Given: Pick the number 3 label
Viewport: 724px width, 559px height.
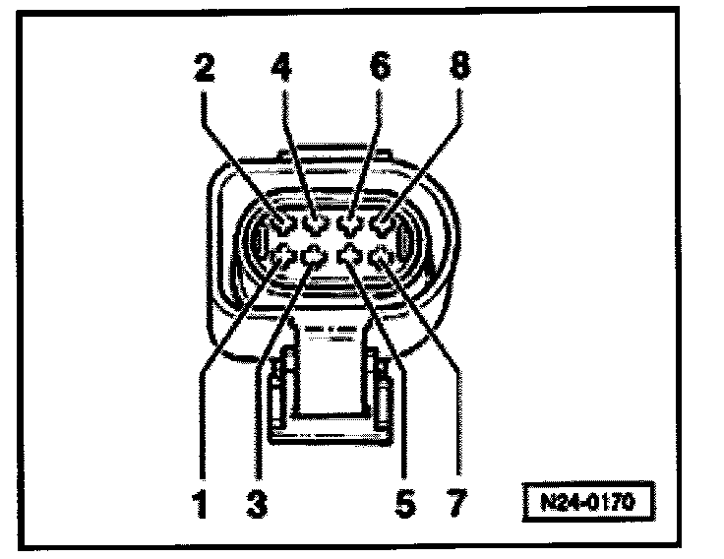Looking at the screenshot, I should click(259, 506).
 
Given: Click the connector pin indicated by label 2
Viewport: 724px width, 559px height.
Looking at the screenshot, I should click(283, 225).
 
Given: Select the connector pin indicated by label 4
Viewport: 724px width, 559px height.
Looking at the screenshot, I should click(316, 225).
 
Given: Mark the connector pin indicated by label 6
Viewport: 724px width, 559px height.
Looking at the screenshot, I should click(349, 225).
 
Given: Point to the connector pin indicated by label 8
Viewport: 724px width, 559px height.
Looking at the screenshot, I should click(382, 225).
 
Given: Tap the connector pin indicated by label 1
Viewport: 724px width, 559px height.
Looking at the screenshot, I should click(283, 257).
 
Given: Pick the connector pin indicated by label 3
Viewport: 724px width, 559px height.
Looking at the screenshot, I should click(316, 257).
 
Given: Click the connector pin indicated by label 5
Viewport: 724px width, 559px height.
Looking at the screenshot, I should click(349, 257).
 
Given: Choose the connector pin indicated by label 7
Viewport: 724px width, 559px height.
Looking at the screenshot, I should click(382, 257).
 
